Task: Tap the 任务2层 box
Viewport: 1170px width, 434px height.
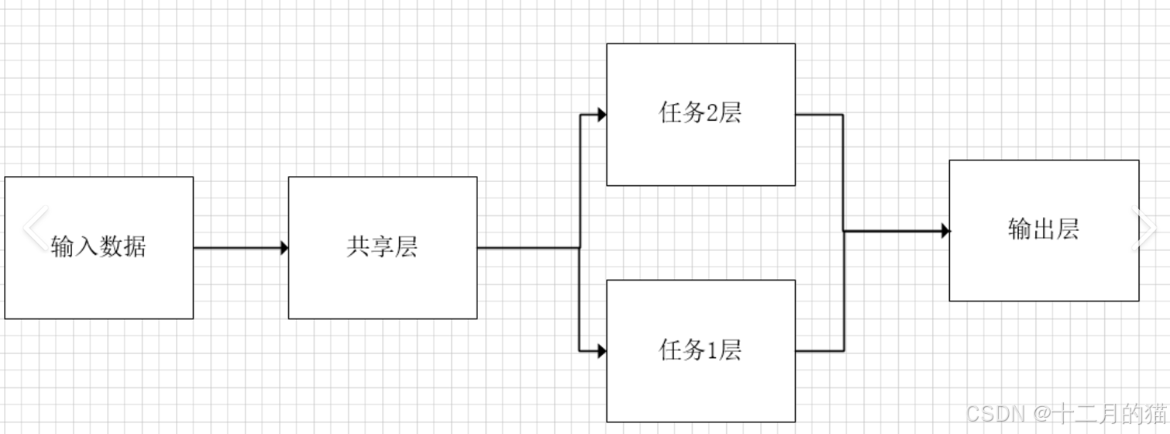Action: coord(700,155)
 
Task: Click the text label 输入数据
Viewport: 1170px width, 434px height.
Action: coord(98,247)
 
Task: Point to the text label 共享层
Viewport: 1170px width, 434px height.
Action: coord(382,247)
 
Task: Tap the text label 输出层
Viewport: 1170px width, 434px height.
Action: coord(1044,230)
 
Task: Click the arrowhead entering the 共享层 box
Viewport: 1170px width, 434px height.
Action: coord(284,248)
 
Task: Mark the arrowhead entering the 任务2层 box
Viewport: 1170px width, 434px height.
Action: coord(601,115)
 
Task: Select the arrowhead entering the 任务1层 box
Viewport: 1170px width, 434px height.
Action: coord(601,351)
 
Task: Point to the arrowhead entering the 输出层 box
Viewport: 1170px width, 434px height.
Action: coord(945,231)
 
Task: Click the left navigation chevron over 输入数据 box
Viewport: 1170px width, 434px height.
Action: coord(35,228)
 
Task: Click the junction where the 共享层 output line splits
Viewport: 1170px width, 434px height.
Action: coord(580,248)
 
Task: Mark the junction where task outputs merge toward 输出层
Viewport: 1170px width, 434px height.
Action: coord(843,231)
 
